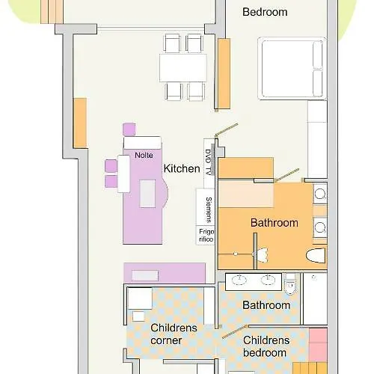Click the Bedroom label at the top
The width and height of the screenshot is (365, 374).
point(265,12)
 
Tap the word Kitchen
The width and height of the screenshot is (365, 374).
point(182,168)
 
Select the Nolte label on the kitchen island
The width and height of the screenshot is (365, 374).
point(144,155)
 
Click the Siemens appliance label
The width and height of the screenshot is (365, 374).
point(209,209)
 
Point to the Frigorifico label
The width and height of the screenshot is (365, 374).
point(206,236)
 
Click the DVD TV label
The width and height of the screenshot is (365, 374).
point(209,162)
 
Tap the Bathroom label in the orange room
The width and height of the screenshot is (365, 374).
point(274,223)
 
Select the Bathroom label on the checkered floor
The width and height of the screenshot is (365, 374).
point(266,305)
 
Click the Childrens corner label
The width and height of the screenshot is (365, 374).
point(174,334)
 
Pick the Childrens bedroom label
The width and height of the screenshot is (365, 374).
point(266,346)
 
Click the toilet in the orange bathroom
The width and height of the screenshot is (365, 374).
point(316,256)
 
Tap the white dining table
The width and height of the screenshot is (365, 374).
point(183,68)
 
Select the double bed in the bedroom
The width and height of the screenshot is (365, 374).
point(292,69)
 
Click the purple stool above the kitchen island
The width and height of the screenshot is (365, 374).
point(129,129)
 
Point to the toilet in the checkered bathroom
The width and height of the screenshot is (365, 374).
point(290,284)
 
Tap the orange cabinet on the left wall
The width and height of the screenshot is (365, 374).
point(80,123)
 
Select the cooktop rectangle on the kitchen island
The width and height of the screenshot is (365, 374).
point(147,194)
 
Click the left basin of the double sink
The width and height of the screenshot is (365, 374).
point(239,280)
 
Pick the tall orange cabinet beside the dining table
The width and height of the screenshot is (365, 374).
point(224,74)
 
